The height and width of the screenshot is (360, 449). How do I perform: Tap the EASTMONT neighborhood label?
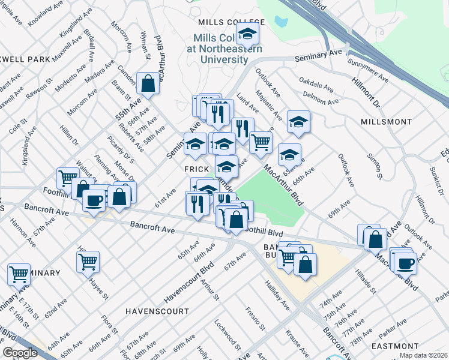click(395, 346)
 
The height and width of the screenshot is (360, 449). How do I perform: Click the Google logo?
click(20, 353)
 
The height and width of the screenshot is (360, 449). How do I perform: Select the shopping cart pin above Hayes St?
click(88, 261)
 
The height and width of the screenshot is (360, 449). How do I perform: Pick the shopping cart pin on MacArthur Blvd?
click(261, 142)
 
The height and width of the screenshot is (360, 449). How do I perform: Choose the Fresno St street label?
click(255, 319)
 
